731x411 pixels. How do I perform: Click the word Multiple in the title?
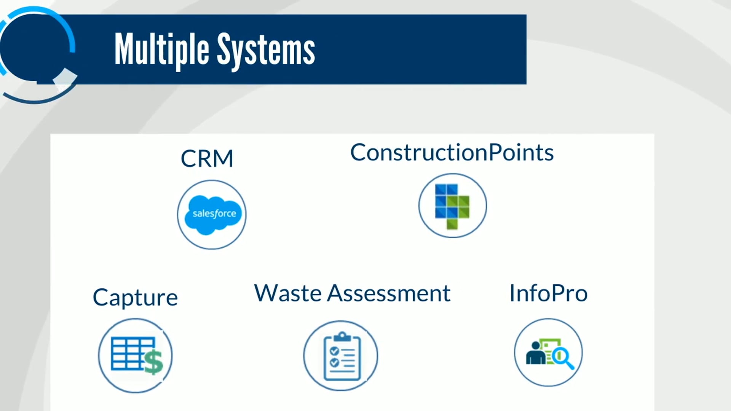(x=161, y=49)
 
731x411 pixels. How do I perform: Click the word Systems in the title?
(x=266, y=51)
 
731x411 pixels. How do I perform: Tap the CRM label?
(x=207, y=158)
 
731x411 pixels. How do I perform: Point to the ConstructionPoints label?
(x=452, y=153)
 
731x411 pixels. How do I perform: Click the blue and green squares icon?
(x=452, y=206)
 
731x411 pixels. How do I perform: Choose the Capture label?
(x=135, y=297)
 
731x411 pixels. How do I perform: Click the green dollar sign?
(x=153, y=362)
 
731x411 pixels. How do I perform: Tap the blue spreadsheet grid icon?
(x=128, y=353)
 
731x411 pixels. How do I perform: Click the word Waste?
(x=288, y=293)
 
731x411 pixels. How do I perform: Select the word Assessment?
(x=389, y=293)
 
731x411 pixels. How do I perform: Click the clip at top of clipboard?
(x=342, y=336)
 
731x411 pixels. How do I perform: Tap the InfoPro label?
(x=548, y=293)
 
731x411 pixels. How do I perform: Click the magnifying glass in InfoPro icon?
(x=563, y=358)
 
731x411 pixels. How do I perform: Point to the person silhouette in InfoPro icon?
(x=535, y=354)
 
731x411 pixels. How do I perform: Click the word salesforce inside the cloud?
(x=214, y=213)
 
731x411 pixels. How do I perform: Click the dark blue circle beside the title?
(x=34, y=48)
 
